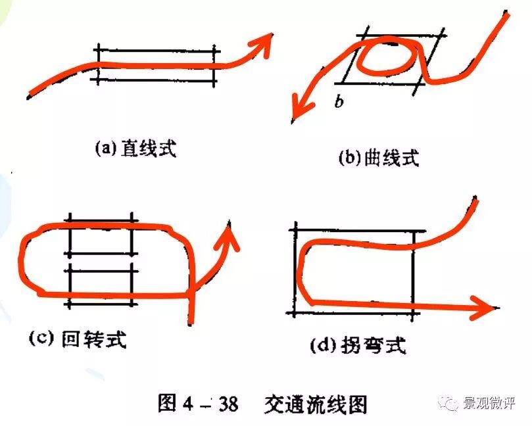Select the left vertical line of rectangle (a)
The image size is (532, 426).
pyautogui.click(x=98, y=64)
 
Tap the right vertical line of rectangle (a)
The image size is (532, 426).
pyautogui.click(x=214, y=64)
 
